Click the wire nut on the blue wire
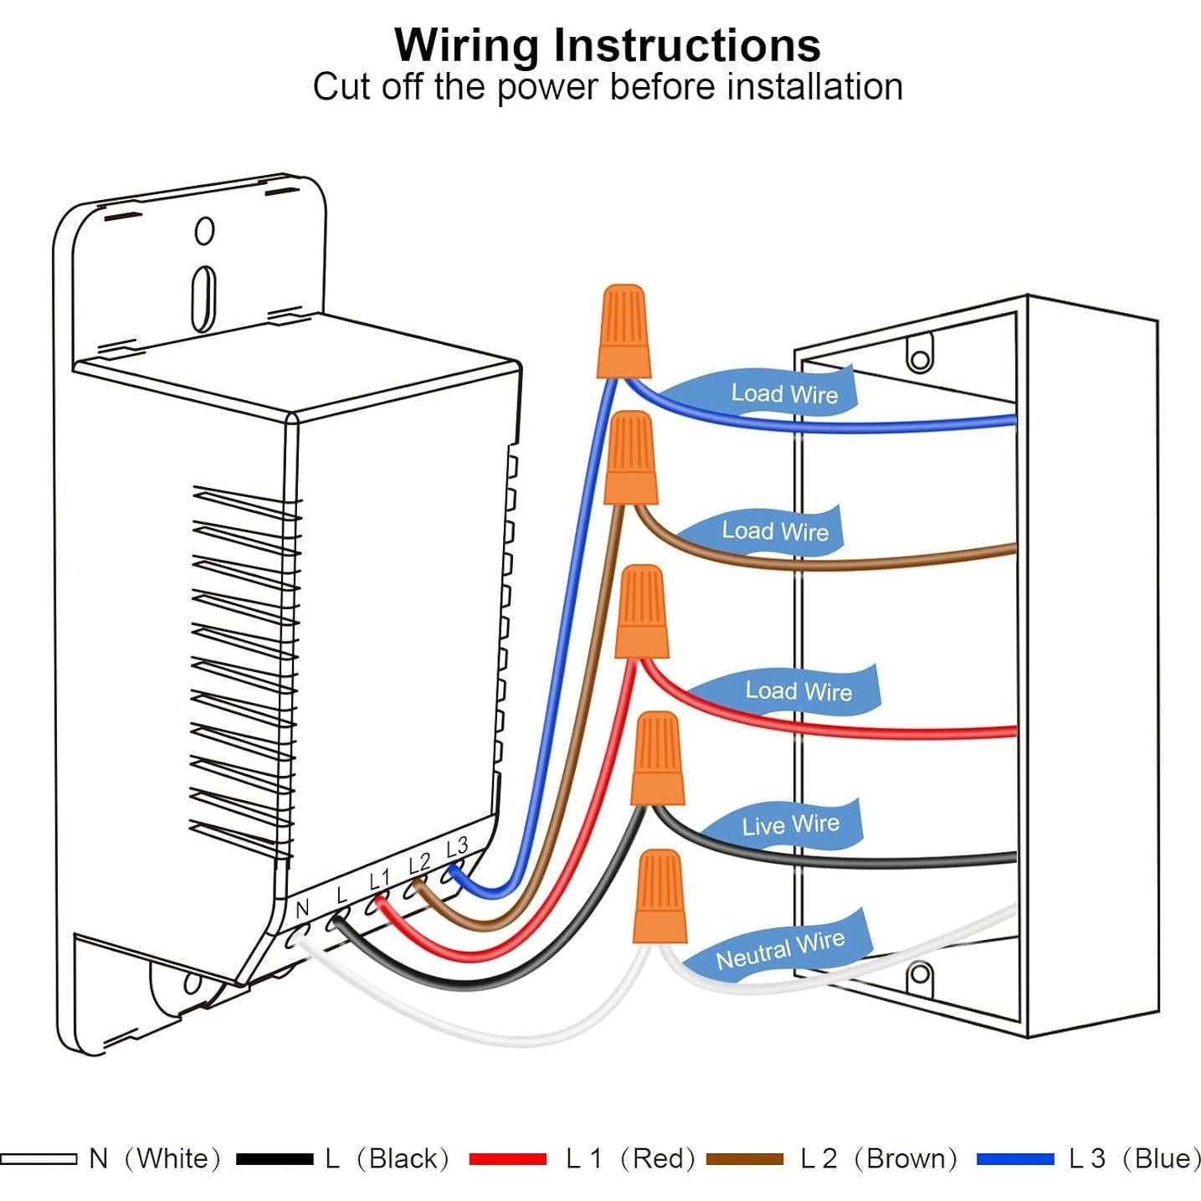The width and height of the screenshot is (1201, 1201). tap(624, 332)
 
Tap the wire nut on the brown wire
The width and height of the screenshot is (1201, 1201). tap(630, 459)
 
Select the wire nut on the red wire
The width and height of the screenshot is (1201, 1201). tap(642, 612)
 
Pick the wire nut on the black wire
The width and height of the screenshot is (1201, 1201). tap(657, 758)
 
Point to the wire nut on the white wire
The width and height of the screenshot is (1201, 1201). tap(660, 896)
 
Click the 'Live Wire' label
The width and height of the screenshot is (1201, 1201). tap(790, 824)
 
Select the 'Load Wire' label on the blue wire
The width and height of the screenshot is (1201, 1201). tap(784, 393)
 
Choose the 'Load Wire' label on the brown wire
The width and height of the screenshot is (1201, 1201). tap(775, 531)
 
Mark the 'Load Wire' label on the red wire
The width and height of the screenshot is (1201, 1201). tap(798, 691)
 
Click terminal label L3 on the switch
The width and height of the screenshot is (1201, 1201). tap(457, 847)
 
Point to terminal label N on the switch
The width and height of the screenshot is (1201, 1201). tap(303, 908)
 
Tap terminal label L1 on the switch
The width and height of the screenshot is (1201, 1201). tap(380, 879)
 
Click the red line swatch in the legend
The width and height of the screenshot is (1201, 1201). tap(507, 1159)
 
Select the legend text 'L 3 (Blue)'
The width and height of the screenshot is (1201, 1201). tap(1134, 1158)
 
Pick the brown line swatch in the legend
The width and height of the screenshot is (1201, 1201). tap(744, 1159)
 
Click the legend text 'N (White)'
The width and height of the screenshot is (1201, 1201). tap(155, 1158)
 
